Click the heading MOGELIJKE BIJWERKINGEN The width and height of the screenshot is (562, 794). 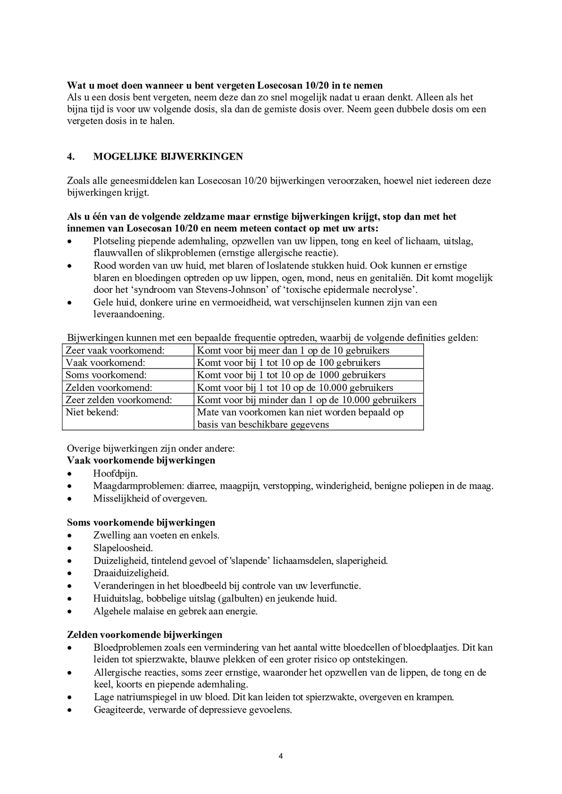(x=168, y=157)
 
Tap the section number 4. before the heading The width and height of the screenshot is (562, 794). (x=71, y=157)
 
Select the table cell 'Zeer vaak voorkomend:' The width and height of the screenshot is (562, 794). (x=115, y=350)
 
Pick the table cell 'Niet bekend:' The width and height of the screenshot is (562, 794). (x=92, y=412)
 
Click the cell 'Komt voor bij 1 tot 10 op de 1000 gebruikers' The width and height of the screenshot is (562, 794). (x=291, y=375)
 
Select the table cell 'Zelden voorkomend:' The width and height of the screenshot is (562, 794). (x=109, y=388)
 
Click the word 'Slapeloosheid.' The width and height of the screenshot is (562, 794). (x=123, y=548)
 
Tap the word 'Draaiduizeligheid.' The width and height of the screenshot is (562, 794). (x=131, y=573)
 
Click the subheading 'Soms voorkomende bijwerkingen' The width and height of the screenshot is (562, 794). (x=141, y=523)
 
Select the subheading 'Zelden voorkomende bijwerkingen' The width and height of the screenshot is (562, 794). (x=144, y=635)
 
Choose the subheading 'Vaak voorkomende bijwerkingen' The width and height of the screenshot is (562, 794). (x=141, y=461)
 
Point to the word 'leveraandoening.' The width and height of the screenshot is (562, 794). (x=129, y=315)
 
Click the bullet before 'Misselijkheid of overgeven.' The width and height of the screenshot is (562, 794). (x=69, y=499)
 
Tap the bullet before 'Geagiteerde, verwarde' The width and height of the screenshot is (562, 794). (x=69, y=711)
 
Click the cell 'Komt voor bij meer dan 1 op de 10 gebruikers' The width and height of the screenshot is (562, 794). (x=293, y=350)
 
